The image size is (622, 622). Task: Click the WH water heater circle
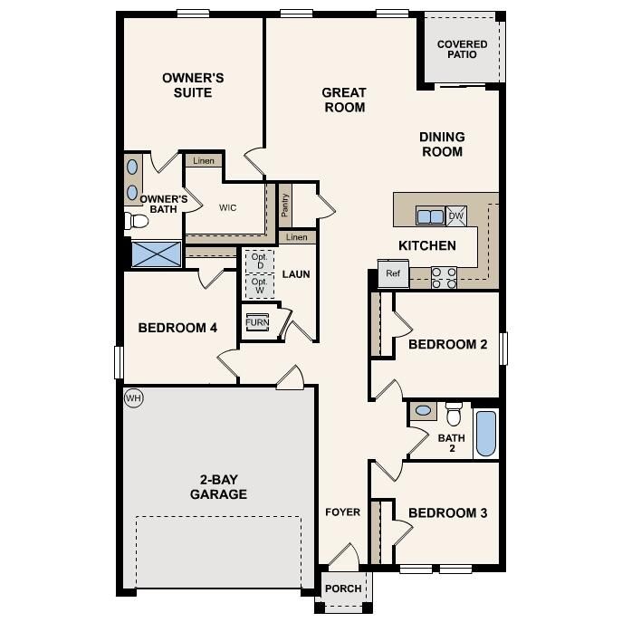coord(134,397)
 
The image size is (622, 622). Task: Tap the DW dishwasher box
coord(456,215)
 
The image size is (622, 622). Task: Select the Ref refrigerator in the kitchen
coord(393,273)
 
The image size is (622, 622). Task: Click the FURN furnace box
coord(257,322)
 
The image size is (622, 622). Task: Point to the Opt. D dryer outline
coord(259,260)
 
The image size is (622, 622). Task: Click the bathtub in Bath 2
coord(486,434)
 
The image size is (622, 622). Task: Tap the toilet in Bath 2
coord(454,414)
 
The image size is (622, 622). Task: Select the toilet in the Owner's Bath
coord(137,220)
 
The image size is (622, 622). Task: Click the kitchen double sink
coord(429,215)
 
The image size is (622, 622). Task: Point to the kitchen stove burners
coord(444,277)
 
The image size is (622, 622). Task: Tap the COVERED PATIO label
coord(462,49)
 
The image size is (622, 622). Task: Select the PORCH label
coord(343,589)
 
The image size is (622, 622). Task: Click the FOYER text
coord(343,512)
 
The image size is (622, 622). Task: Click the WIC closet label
coord(228,207)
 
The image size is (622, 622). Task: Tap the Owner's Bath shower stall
coord(156,253)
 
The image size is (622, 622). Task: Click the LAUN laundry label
coord(296,273)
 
